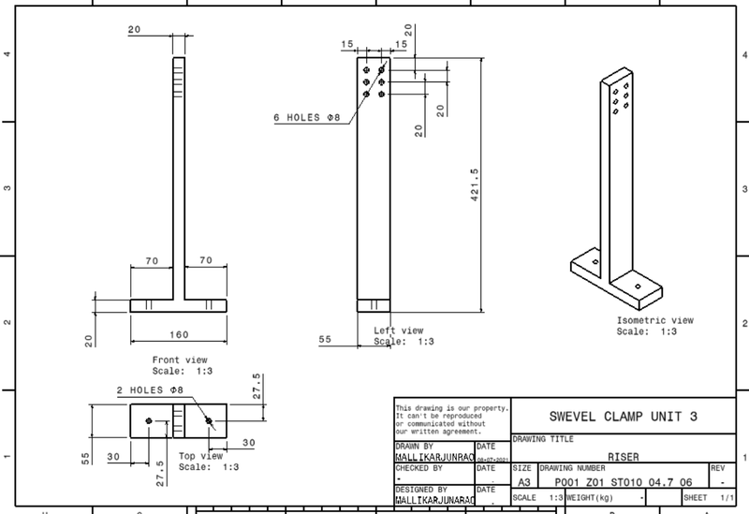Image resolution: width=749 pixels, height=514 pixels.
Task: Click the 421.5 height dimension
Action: click(x=475, y=184)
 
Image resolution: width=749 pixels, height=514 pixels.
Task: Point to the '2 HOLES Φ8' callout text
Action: click(x=149, y=389)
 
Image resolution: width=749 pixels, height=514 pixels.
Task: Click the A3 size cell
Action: click(x=523, y=479)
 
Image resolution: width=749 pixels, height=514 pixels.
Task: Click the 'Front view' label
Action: click(x=180, y=359)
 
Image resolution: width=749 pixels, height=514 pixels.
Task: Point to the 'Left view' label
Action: click(x=399, y=330)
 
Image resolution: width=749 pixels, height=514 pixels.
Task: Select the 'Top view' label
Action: click(x=200, y=457)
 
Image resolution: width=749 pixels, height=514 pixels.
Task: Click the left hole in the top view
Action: click(x=149, y=422)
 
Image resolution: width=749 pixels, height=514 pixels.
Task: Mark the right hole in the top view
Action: click(x=208, y=422)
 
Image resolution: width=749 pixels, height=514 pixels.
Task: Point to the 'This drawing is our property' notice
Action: click(x=451, y=419)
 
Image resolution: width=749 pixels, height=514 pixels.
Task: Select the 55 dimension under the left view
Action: click(x=325, y=341)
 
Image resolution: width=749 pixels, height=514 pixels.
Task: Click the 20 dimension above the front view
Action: click(x=134, y=30)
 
